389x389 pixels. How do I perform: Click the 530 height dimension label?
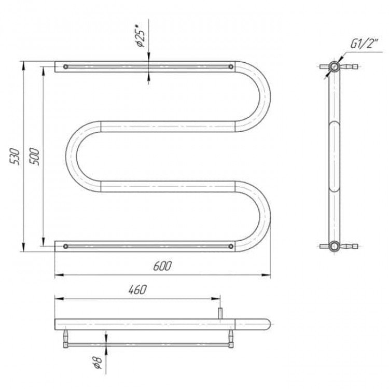point(15,156)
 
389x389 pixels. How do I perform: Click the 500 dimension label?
point(34,156)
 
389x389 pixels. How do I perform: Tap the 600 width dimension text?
point(162,266)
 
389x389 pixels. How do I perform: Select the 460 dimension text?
point(137,289)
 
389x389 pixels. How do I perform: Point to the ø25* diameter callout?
point(141,35)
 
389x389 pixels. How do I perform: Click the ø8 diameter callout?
point(99,362)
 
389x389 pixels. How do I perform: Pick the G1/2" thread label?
point(364,44)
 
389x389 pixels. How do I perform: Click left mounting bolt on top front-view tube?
point(65,66)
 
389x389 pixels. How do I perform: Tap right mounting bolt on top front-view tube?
point(231,66)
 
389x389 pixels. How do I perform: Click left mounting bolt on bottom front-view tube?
point(65,246)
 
